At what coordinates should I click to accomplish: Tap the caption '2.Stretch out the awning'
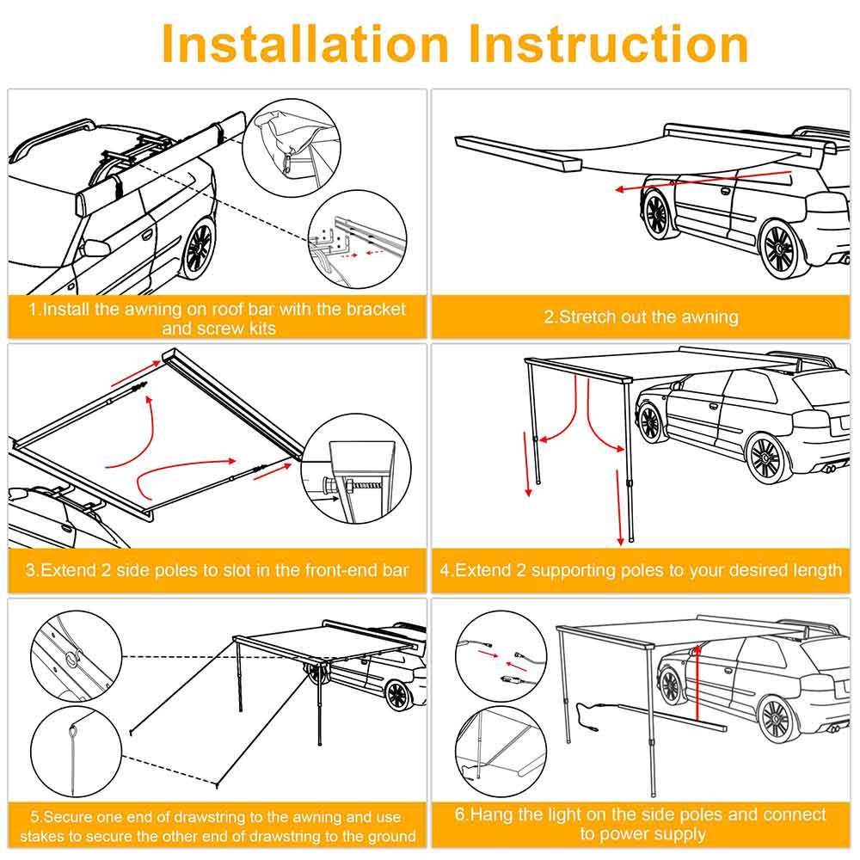[x=641, y=316]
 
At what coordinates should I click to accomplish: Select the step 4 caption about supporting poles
[x=641, y=570]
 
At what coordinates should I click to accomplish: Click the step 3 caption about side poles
[x=217, y=570]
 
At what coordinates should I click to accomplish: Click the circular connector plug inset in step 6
[x=501, y=660]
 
